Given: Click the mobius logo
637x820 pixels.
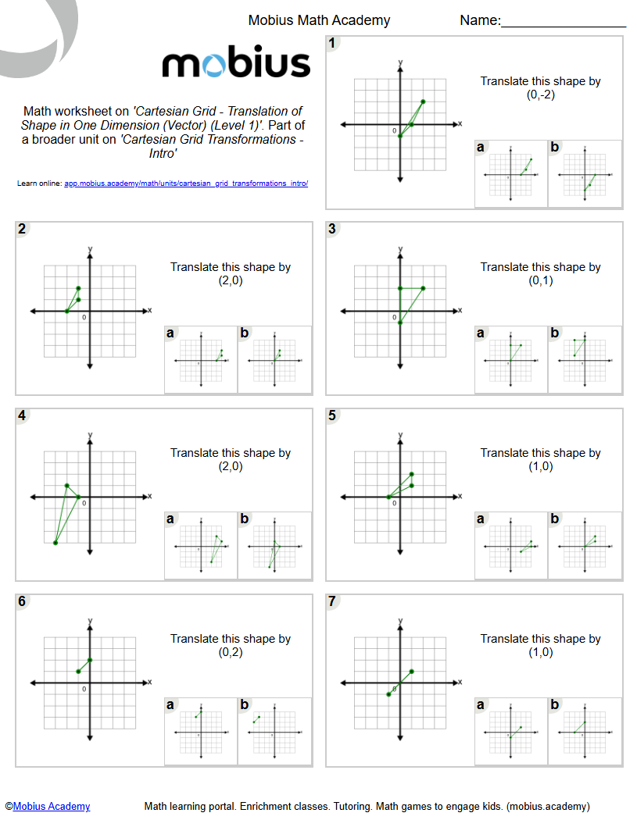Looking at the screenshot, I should [236, 63].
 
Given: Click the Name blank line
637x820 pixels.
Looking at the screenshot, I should [563, 28].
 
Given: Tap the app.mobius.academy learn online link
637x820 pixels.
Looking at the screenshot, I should [186, 184].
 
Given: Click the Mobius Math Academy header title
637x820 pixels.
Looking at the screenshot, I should [319, 20].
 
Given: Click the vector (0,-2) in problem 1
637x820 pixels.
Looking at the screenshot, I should [540, 94].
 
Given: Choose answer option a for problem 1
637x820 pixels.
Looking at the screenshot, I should [511, 174].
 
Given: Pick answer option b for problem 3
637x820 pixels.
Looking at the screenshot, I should [585, 359].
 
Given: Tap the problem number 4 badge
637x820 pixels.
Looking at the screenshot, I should [22, 415].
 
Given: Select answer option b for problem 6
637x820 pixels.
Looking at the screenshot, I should [274, 731].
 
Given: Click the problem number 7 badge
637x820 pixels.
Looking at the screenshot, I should [332, 601].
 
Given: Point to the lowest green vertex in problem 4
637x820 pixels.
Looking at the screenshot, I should [55, 543].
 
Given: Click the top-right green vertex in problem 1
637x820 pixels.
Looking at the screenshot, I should [423, 102].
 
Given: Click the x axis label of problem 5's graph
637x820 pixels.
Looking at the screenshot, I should [460, 496].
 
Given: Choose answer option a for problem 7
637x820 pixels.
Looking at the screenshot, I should [511, 731].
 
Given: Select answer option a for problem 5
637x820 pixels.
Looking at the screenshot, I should [511, 545].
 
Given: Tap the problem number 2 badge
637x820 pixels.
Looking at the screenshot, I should [22, 229].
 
